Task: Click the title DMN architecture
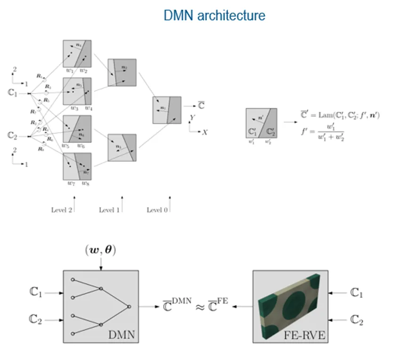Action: pyautogui.click(x=214, y=16)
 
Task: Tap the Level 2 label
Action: pyautogui.click(x=61, y=210)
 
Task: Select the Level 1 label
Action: pyautogui.click(x=109, y=210)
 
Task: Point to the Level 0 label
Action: pyautogui.click(x=157, y=210)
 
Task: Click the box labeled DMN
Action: pyautogui.click(x=100, y=306)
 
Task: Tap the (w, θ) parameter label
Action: pyautogui.click(x=100, y=250)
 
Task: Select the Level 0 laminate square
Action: pyautogui.click(x=167, y=110)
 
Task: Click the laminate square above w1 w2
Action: pyautogui.click(x=77, y=54)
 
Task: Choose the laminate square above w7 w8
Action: pyautogui.click(x=77, y=166)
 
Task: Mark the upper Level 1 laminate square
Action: pyautogui.click(x=122, y=72)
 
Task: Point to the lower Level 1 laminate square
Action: pyautogui.click(x=122, y=148)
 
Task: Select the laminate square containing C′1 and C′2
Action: pyautogui.click(x=261, y=123)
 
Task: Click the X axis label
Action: pyautogui.click(x=205, y=133)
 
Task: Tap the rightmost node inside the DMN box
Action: pyautogui.click(x=129, y=306)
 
